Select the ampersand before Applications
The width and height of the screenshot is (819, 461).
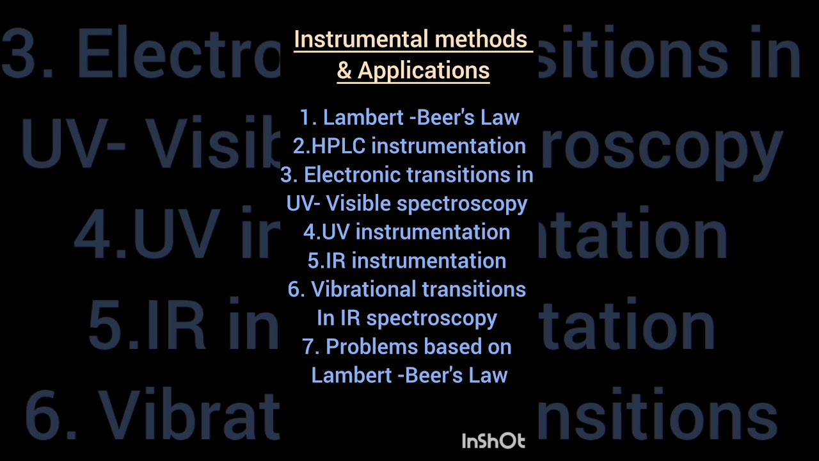[344, 70]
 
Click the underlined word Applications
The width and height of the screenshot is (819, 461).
[424, 70]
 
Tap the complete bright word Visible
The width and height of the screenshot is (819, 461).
[358, 204]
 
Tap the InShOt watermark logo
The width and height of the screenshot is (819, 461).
[493, 441]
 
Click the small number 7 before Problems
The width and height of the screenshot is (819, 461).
[310, 347]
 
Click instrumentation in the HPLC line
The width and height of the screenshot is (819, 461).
[449, 146]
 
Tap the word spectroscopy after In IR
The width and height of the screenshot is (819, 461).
[432, 318]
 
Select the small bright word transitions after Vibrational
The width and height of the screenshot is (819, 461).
[474, 289]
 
